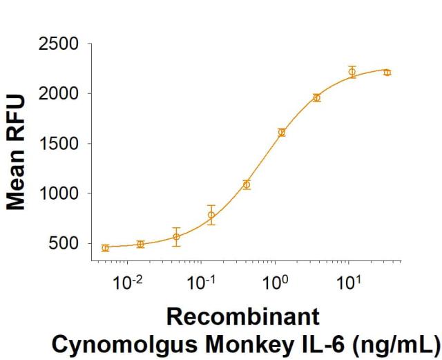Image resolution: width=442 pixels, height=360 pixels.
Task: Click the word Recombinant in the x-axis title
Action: tap(243, 317)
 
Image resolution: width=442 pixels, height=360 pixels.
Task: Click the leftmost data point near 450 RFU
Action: tap(105, 247)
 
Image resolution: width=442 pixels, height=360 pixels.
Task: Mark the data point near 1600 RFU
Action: tap(281, 132)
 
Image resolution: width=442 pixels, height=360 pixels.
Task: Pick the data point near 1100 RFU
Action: tap(246, 184)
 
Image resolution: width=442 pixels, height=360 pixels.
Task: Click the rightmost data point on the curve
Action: tap(387, 72)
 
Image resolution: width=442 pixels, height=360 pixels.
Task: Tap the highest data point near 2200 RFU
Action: tap(352, 72)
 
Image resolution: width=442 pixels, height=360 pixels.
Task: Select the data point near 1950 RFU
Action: tap(316, 97)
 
